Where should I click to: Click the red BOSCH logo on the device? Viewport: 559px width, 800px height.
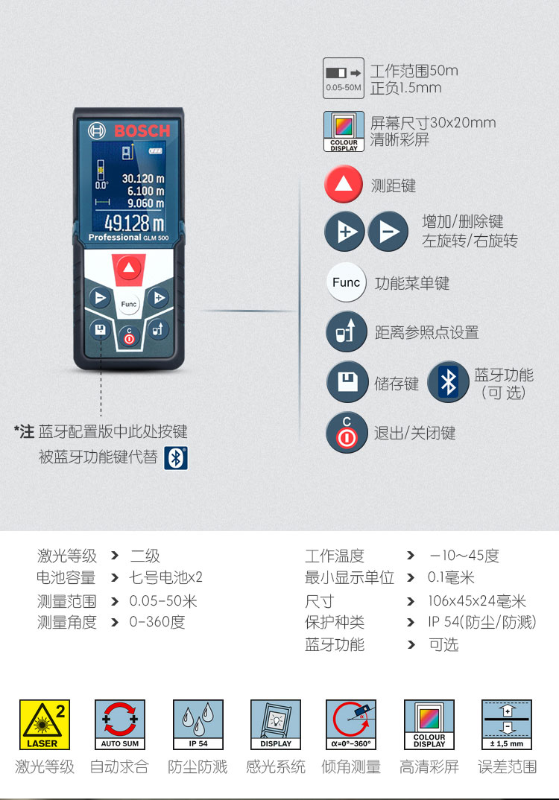click(x=142, y=131)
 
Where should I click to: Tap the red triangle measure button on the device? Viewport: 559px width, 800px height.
click(x=129, y=268)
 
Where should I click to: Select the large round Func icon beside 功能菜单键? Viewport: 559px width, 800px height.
click(x=346, y=282)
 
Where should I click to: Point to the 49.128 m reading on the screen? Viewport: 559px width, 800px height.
click(x=134, y=223)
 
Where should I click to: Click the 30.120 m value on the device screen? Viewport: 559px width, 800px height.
click(x=143, y=179)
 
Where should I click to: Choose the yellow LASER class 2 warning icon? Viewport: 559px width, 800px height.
click(x=45, y=725)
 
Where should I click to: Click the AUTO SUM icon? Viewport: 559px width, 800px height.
click(x=120, y=725)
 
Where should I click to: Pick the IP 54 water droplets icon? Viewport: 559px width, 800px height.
click(x=198, y=725)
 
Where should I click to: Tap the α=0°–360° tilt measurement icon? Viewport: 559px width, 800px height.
click(x=351, y=725)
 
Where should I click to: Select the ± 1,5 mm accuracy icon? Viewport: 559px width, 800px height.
click(x=507, y=725)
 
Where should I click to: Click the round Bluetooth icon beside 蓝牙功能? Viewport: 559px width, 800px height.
click(x=448, y=382)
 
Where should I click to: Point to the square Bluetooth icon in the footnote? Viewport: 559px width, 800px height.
click(x=176, y=457)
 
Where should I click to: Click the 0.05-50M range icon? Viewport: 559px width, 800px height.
click(x=344, y=78)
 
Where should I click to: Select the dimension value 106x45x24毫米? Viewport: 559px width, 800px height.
click(x=477, y=601)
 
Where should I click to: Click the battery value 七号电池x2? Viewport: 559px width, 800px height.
click(x=166, y=577)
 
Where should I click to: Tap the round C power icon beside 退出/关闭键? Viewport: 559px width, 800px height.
click(x=347, y=433)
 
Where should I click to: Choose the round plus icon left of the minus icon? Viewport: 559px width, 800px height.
click(x=344, y=232)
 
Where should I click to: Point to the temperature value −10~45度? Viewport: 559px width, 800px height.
click(x=464, y=556)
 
